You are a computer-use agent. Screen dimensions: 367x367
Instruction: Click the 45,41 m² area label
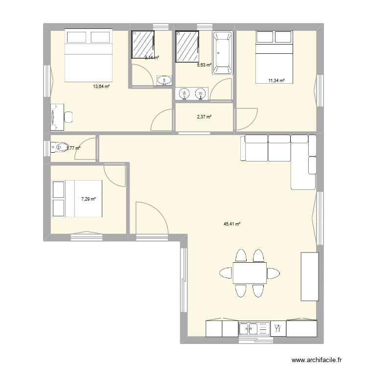[232, 224]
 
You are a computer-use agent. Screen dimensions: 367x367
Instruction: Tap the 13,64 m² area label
[101, 87]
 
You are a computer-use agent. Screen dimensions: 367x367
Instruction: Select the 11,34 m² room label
[276, 81]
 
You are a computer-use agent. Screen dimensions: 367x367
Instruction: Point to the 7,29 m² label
[88, 199]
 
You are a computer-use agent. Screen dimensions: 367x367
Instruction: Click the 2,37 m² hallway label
[204, 117]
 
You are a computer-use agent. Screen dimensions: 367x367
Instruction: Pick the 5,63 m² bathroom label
[204, 65]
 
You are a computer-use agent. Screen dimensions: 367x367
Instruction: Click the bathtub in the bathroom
[223, 53]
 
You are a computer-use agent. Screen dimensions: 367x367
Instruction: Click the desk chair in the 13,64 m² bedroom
[69, 117]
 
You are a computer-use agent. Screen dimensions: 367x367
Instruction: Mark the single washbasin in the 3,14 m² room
[164, 80]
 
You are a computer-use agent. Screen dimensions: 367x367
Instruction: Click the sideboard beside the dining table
[310, 276]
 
